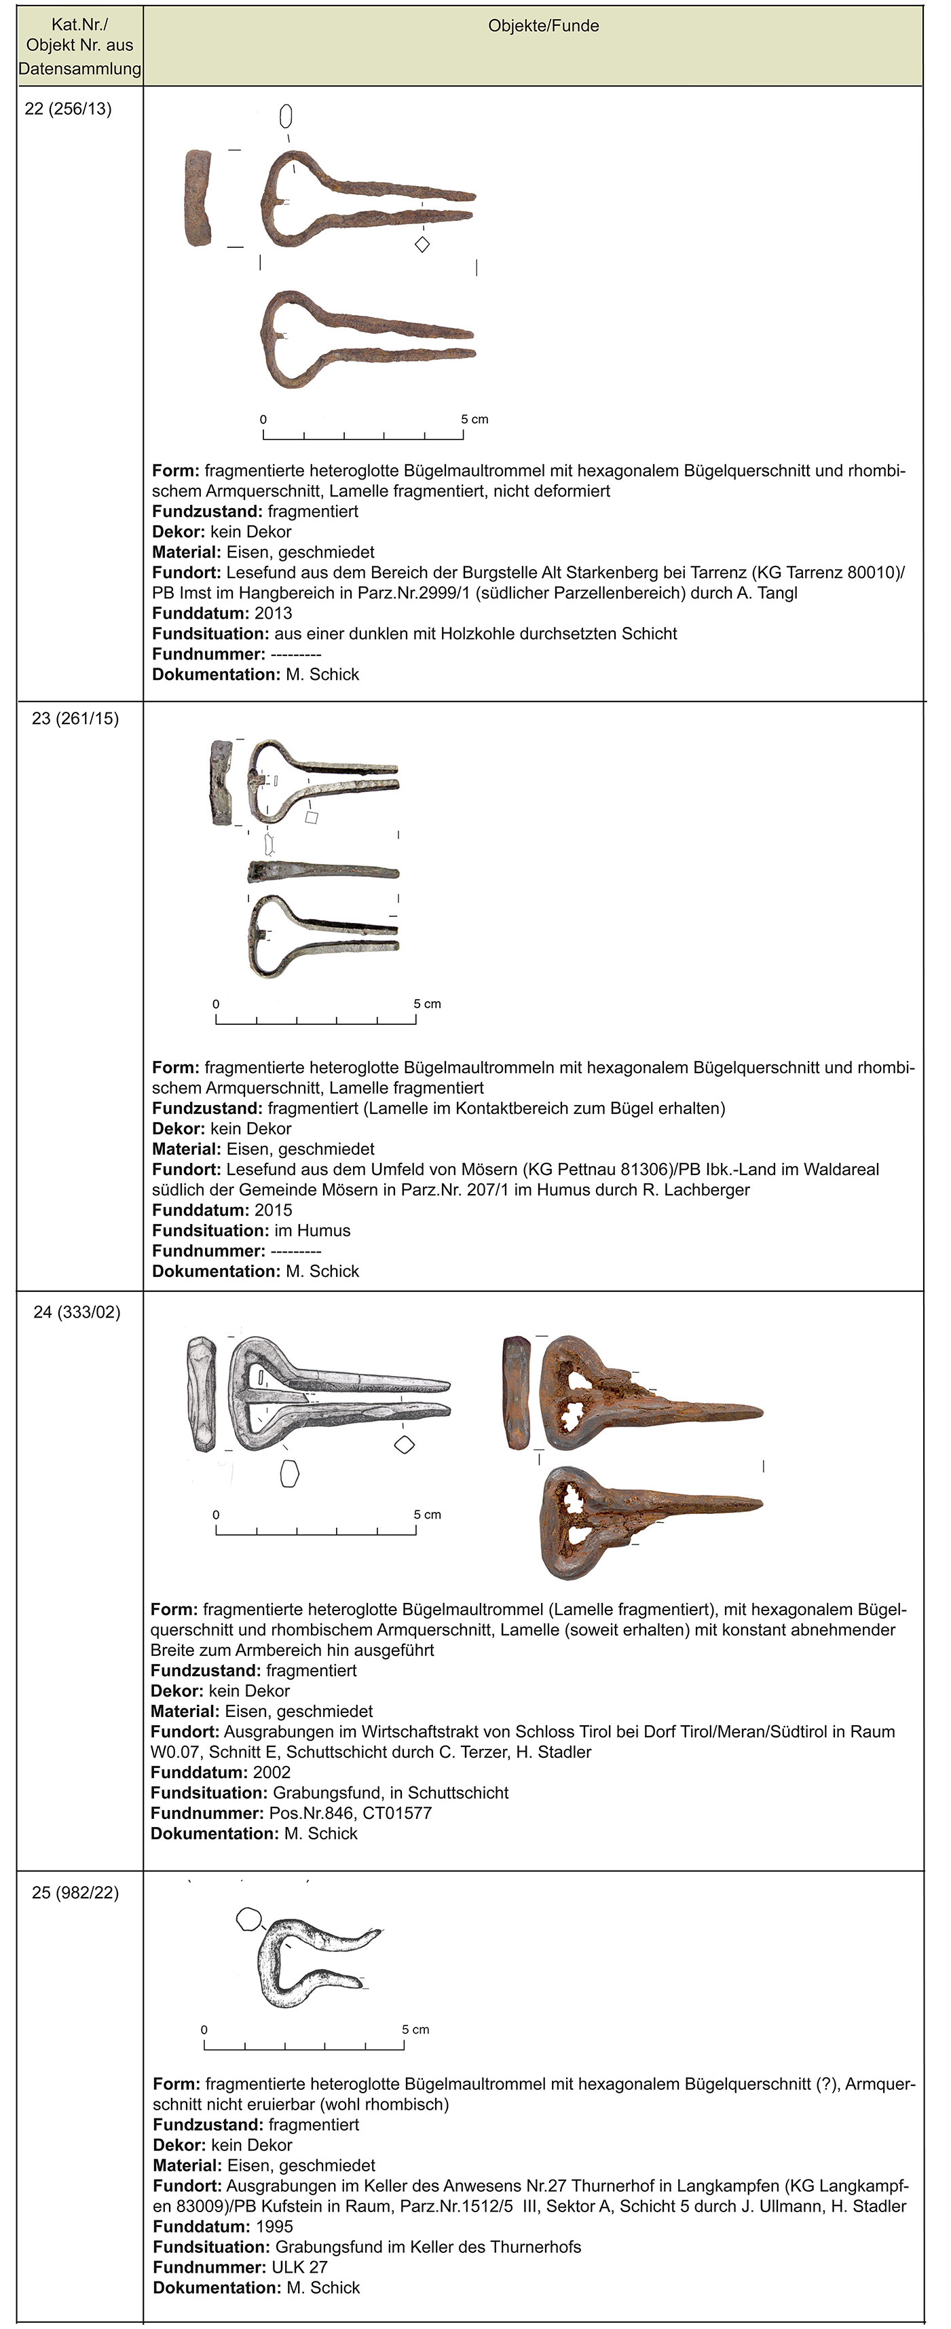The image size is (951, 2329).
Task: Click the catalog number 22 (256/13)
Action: [x=68, y=109]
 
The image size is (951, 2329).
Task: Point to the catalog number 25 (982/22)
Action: [x=75, y=1892]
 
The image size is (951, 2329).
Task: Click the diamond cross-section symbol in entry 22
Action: [x=422, y=244]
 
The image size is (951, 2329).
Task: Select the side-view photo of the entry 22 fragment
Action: [x=199, y=198]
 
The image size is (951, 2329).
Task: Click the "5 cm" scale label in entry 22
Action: [x=474, y=420]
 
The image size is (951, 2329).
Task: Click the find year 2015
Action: [x=273, y=1210]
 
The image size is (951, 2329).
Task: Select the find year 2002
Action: [x=272, y=1772]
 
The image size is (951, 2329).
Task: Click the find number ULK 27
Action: [x=299, y=2267]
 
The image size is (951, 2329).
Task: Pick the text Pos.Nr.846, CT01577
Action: [x=350, y=1813]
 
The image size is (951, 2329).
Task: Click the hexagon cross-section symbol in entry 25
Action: [x=248, y=1919]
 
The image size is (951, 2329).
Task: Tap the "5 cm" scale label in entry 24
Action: [x=428, y=1515]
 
